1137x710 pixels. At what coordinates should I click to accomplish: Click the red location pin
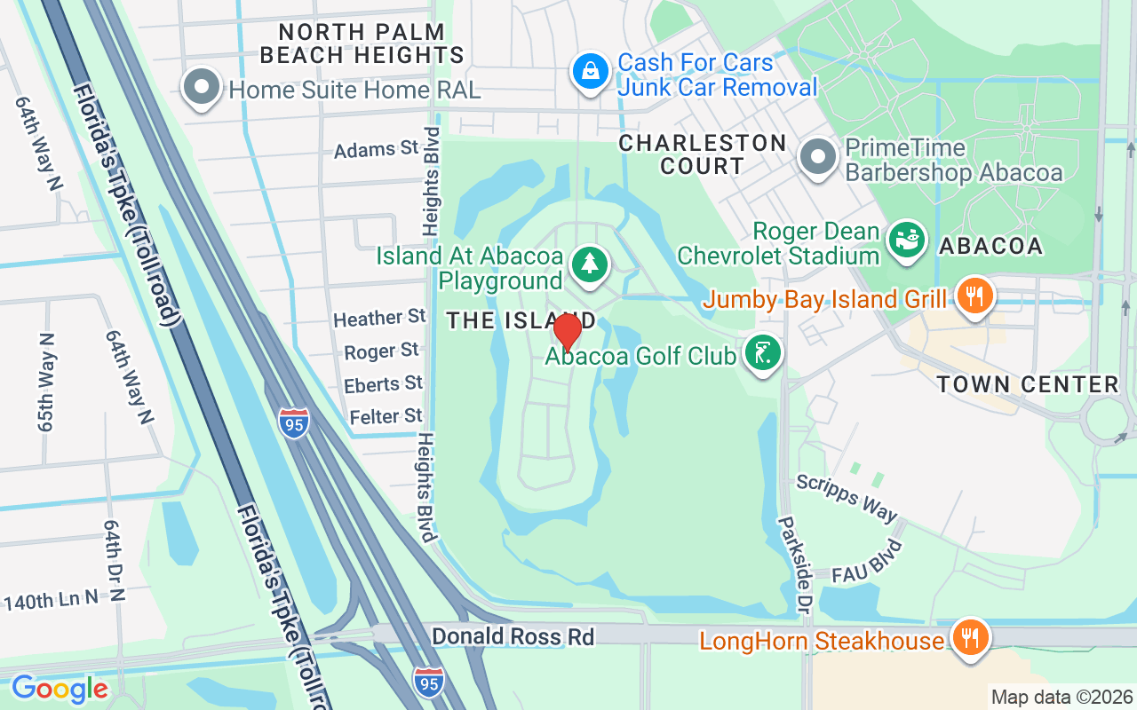(567, 332)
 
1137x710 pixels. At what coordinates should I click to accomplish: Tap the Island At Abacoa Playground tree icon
(589, 264)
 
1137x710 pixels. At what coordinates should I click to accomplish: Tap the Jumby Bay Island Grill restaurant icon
(975, 296)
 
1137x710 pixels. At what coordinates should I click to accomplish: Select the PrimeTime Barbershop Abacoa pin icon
(818, 157)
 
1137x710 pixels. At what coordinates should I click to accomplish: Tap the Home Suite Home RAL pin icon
(202, 87)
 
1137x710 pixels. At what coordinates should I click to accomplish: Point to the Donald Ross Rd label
(513, 636)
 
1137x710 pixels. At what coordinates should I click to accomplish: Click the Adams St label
(376, 148)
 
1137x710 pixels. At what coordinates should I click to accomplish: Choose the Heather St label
(379, 318)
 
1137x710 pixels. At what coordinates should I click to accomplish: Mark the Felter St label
(386, 416)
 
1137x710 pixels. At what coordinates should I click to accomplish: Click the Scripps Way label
(847, 498)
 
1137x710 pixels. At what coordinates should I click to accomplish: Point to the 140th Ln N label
(52, 600)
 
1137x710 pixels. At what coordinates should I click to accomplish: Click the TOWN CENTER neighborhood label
(1028, 384)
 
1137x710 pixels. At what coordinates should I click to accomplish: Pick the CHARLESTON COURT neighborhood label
(703, 154)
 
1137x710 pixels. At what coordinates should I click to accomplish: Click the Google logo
(59, 689)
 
